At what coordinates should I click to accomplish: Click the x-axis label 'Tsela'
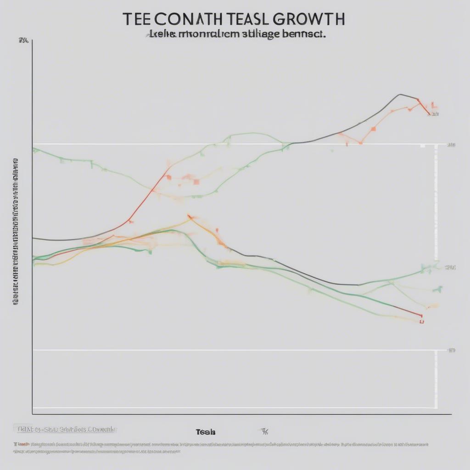[x=205, y=432]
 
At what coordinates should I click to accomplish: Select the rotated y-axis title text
[x=15, y=232]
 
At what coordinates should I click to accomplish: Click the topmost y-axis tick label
[x=23, y=41]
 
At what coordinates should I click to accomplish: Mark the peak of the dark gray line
[x=400, y=95]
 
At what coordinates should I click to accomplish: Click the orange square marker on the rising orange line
[x=373, y=129]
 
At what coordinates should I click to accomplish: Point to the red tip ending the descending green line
[x=420, y=315]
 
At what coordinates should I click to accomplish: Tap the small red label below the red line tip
[x=421, y=322]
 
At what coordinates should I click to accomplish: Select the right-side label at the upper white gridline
[x=451, y=145]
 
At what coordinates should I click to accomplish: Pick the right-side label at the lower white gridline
[x=452, y=350]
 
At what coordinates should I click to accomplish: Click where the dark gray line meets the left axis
[x=33, y=238]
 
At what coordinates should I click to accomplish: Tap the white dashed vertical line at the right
[x=436, y=275]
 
